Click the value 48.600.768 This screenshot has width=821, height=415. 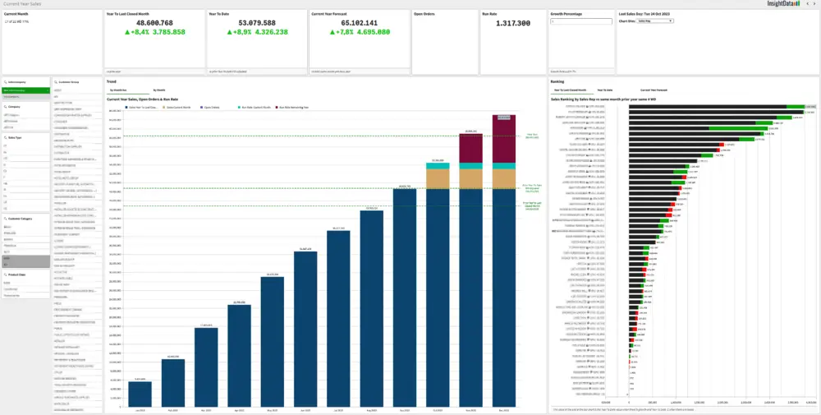(x=139, y=23)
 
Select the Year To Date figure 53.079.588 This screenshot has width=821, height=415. (x=241, y=23)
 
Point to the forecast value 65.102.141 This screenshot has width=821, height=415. (x=344, y=23)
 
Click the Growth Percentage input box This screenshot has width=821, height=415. (x=580, y=22)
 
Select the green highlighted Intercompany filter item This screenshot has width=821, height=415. (x=25, y=90)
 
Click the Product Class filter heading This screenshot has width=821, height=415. (x=17, y=275)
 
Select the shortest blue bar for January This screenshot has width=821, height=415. (x=140, y=394)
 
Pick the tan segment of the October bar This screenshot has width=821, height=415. (x=437, y=179)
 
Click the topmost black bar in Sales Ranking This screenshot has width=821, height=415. (x=707, y=107)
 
